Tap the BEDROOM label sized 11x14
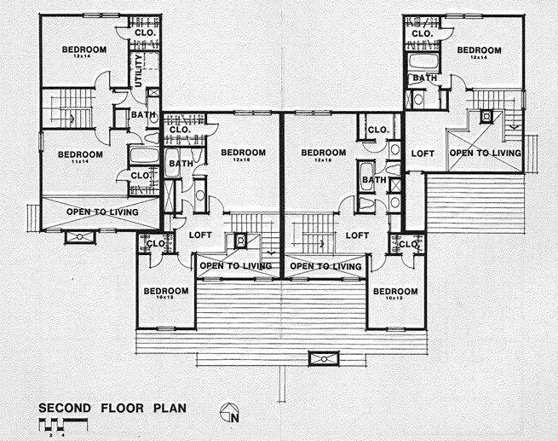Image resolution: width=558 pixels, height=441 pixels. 79,154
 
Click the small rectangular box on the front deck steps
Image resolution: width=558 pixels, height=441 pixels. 323,358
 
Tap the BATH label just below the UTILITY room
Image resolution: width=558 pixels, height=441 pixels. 141,115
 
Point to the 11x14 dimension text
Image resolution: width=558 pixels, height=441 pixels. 79,162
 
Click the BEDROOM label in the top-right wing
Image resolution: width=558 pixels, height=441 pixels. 478,50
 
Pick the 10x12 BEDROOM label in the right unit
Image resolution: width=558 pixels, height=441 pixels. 394,291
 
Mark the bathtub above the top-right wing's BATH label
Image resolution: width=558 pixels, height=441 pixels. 423,63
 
